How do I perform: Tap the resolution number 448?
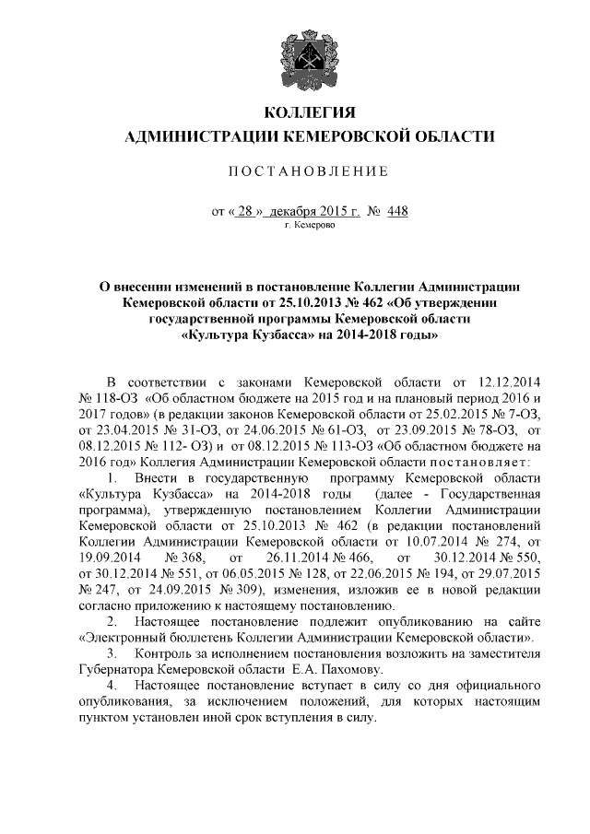point(396,211)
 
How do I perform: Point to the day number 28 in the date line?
point(244,211)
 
